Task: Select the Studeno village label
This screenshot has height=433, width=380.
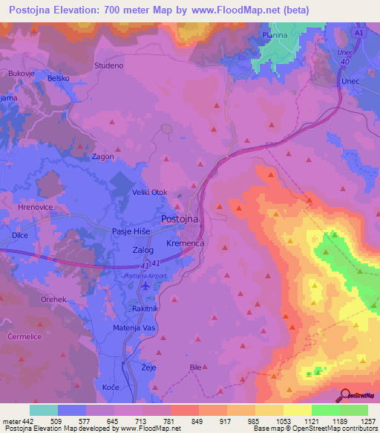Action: [108, 66]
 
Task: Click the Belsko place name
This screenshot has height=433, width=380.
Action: [58, 77]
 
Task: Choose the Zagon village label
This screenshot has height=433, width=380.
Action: [102, 157]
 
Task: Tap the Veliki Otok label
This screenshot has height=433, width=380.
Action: [149, 192]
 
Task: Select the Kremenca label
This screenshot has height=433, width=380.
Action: [187, 243]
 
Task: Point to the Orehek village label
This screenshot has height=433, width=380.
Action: [55, 300]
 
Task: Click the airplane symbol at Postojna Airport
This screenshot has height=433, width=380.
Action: [144, 286]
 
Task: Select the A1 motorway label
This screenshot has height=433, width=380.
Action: [359, 35]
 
